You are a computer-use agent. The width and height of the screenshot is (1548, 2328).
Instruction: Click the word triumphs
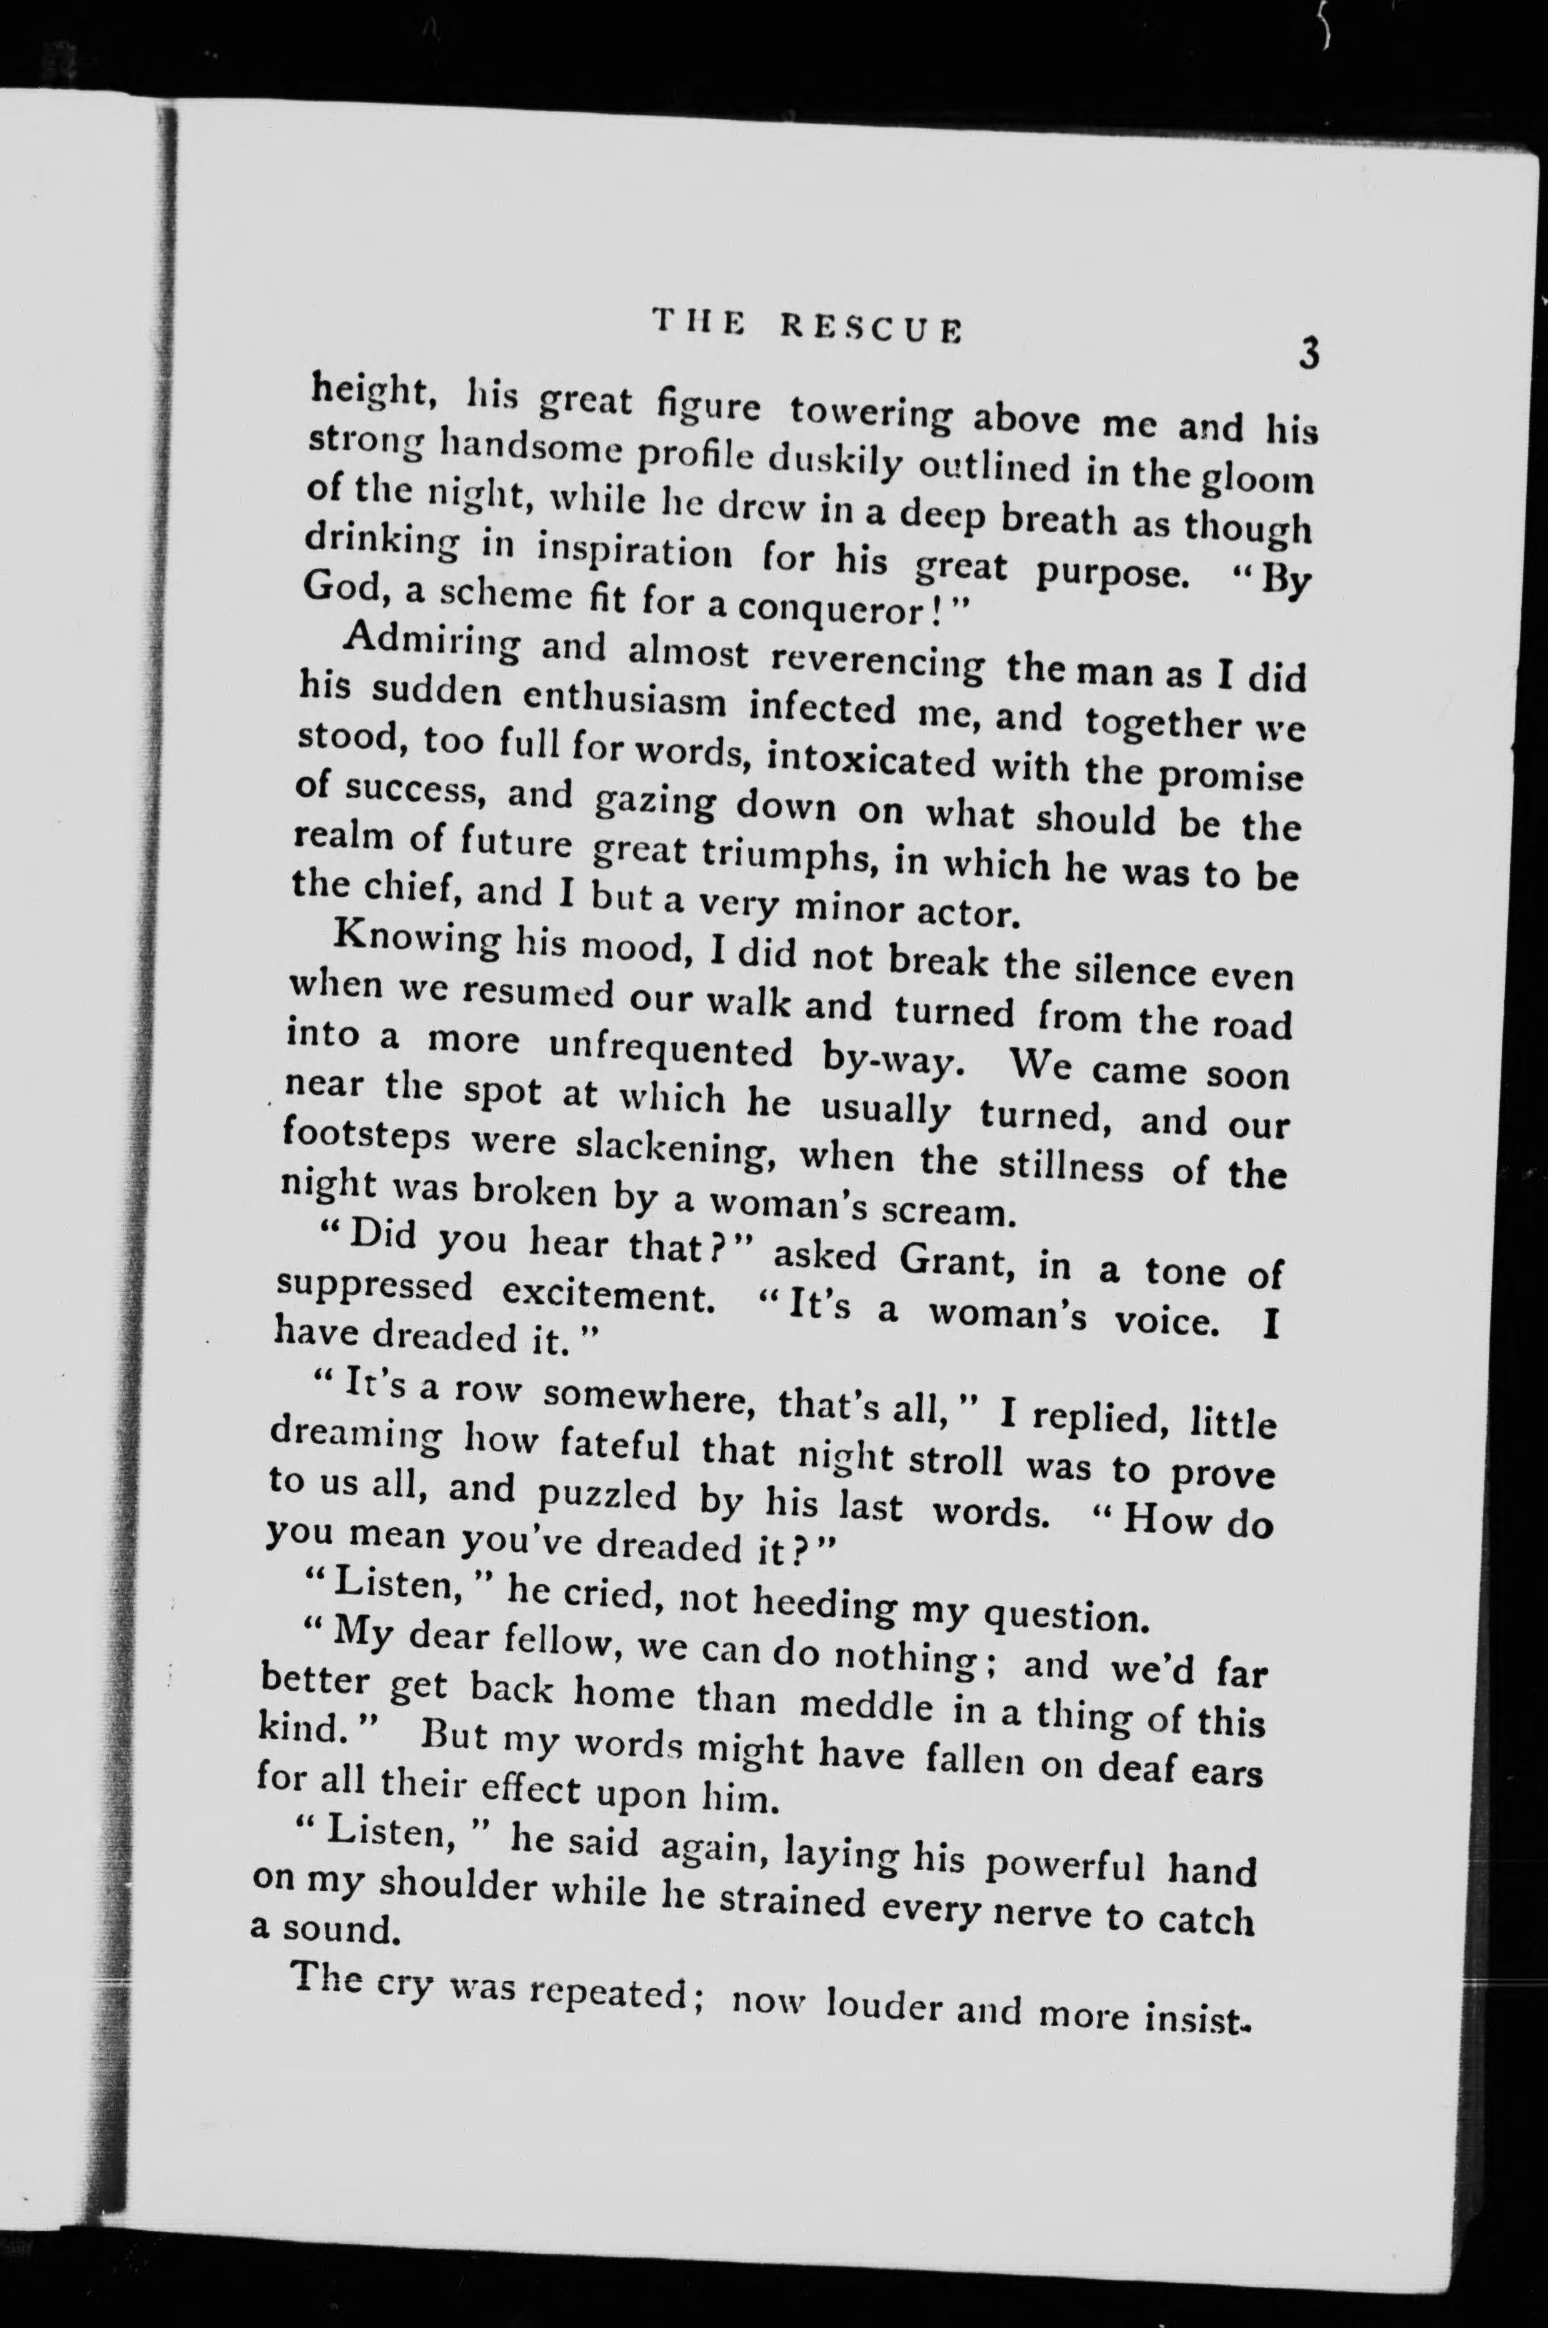click(770, 857)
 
